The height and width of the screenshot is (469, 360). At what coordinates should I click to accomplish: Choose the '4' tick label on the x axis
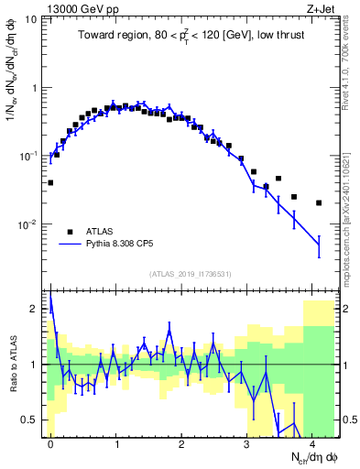(313, 443)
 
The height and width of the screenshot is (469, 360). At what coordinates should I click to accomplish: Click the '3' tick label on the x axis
(247, 443)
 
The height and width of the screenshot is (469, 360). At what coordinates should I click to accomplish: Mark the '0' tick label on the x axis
(50, 443)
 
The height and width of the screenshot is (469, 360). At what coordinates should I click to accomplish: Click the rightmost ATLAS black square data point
(319, 202)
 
